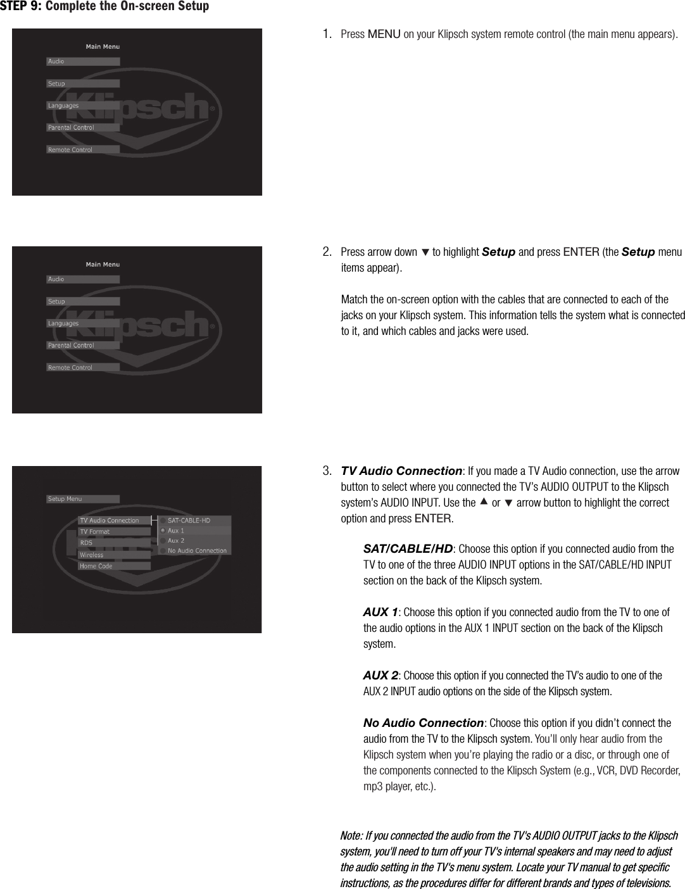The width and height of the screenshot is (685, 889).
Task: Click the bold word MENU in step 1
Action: (x=384, y=34)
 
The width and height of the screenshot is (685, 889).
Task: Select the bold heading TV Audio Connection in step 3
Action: (x=401, y=471)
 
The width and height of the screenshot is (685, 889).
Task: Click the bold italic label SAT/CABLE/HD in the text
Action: (x=408, y=548)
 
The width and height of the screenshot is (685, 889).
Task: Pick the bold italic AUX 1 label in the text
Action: (x=380, y=612)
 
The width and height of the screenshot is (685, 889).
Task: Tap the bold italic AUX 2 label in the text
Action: (x=380, y=676)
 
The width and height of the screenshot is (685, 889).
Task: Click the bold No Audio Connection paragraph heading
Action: (x=423, y=723)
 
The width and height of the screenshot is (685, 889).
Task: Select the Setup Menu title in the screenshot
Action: (x=65, y=499)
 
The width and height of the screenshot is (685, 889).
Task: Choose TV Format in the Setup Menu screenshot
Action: (x=95, y=532)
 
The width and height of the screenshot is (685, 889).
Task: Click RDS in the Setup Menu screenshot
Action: (x=86, y=543)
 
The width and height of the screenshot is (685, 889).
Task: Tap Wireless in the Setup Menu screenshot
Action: (x=91, y=555)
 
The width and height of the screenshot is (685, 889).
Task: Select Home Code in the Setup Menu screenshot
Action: (x=96, y=566)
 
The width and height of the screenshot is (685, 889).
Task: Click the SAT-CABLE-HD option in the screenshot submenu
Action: (x=189, y=520)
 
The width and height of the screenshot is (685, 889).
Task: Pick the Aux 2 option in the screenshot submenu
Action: (x=176, y=541)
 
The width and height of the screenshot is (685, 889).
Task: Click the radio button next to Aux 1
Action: (x=163, y=531)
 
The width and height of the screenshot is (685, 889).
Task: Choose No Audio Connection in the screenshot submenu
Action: (x=197, y=551)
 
